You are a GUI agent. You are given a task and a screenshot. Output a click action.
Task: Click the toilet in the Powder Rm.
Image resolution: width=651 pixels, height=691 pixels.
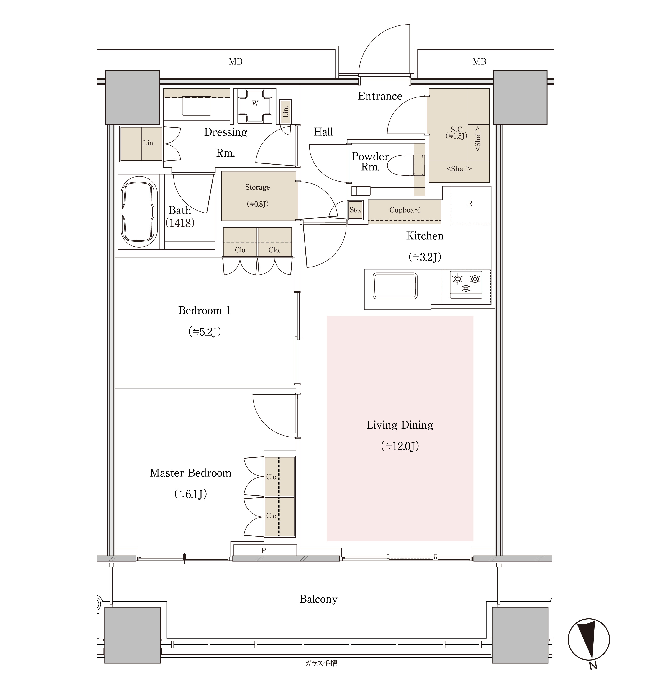coord(406,165)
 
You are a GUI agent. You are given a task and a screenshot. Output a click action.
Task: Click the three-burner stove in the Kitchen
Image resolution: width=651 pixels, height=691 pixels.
coord(466,284)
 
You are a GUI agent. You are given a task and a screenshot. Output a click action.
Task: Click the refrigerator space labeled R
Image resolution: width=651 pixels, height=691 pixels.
coord(470,205)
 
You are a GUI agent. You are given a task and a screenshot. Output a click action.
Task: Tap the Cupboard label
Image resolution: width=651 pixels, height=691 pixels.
coord(405,210)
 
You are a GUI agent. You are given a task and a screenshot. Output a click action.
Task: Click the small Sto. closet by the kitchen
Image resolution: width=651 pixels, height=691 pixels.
coord(355,210)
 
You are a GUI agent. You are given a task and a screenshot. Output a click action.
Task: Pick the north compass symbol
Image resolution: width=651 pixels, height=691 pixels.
coord(589,640)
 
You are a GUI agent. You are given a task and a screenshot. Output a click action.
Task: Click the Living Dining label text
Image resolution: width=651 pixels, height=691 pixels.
coord(400,425)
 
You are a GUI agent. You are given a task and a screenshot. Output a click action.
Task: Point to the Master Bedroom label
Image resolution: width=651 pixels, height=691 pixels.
coord(191,473)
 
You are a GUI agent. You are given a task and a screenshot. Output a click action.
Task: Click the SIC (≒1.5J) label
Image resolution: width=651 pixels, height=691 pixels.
coord(456,133)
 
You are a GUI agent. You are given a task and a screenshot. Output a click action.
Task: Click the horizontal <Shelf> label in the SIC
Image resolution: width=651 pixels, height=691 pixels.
coord(459,169)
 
